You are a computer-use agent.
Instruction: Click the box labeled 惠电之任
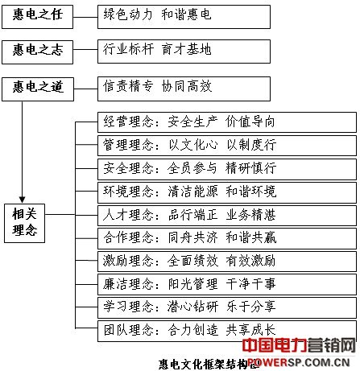point(37,17)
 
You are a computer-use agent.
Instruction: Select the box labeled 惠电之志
point(37,52)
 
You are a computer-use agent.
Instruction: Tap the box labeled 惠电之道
point(38,89)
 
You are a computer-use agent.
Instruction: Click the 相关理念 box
point(24,223)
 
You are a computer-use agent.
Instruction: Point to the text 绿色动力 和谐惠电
point(157,14)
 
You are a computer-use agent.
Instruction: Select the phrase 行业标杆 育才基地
point(157,49)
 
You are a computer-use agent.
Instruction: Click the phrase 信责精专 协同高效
point(157,86)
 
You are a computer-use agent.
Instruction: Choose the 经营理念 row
point(227,122)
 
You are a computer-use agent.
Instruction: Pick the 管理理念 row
point(227,146)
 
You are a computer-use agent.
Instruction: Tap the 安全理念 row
point(227,169)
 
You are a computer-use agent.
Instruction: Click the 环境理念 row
point(227,192)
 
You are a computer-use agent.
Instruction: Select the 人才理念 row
point(227,216)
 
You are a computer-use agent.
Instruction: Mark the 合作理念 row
point(227,238)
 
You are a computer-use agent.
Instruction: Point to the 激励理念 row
point(227,262)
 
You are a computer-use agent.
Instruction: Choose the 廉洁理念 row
point(227,284)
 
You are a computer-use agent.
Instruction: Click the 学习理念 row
point(227,307)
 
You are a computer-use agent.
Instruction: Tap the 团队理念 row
point(227,331)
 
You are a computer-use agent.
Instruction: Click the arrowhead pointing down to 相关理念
point(23,200)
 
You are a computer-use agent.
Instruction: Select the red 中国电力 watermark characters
point(275,345)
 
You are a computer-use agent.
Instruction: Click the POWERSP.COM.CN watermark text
point(299,363)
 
